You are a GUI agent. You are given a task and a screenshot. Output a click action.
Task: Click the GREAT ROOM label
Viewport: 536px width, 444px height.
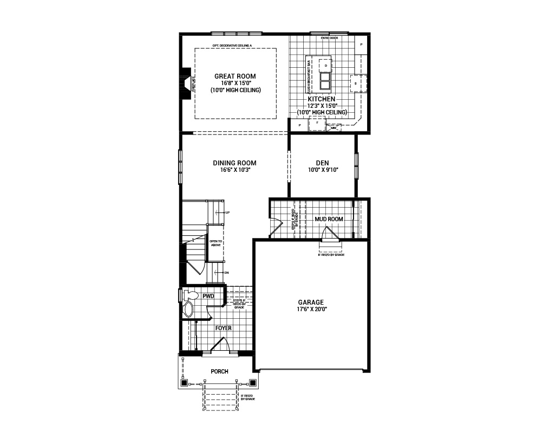coord(235,76)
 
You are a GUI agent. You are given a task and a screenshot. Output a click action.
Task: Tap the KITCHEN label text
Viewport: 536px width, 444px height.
coord(322,99)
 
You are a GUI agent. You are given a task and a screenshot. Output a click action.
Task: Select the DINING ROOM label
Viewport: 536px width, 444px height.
coord(234,163)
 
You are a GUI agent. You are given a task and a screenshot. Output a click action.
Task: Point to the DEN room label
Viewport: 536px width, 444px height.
coord(323,163)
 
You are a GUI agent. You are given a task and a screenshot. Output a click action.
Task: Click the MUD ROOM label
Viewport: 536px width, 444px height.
coord(329,219)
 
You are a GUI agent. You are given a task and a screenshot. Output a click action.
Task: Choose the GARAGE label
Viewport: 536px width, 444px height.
coord(311,303)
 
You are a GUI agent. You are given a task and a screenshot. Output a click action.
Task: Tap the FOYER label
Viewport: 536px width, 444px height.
coord(224,329)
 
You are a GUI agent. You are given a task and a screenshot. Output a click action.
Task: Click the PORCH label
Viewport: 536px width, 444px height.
coord(219,372)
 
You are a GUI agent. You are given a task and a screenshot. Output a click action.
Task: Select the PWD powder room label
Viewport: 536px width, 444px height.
coord(208,297)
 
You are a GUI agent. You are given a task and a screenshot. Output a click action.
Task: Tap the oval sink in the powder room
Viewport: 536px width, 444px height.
coord(188,310)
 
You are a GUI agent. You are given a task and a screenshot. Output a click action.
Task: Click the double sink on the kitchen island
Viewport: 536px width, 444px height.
coord(325,80)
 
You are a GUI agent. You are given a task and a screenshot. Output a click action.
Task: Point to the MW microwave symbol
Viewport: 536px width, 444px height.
coord(333,128)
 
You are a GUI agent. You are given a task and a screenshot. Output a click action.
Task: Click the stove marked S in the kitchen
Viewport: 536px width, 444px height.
coord(356,83)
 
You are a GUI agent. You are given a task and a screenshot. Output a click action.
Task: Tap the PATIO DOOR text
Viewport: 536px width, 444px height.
coord(329,38)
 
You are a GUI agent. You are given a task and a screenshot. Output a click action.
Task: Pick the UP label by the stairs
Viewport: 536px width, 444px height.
coord(228,213)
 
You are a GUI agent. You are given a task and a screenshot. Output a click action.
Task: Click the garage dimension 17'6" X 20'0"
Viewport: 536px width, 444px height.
coord(311,309)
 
